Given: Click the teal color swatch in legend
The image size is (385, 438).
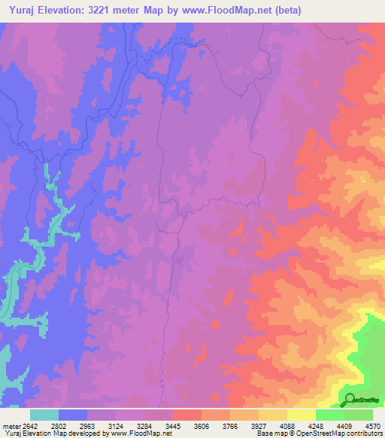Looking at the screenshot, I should (44, 415).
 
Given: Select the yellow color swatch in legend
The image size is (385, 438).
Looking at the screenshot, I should (301, 415).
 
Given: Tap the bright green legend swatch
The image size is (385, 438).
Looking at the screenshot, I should (329, 415).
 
